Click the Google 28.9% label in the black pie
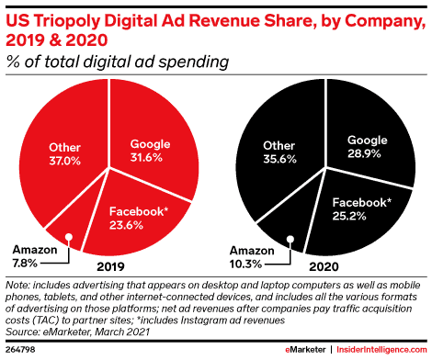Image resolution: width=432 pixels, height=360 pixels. (x=367, y=147)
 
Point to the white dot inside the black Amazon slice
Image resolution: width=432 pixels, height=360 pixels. (x=290, y=241)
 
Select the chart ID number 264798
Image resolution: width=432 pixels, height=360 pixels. (x=19, y=350)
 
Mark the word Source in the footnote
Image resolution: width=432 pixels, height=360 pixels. (x=23, y=332)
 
